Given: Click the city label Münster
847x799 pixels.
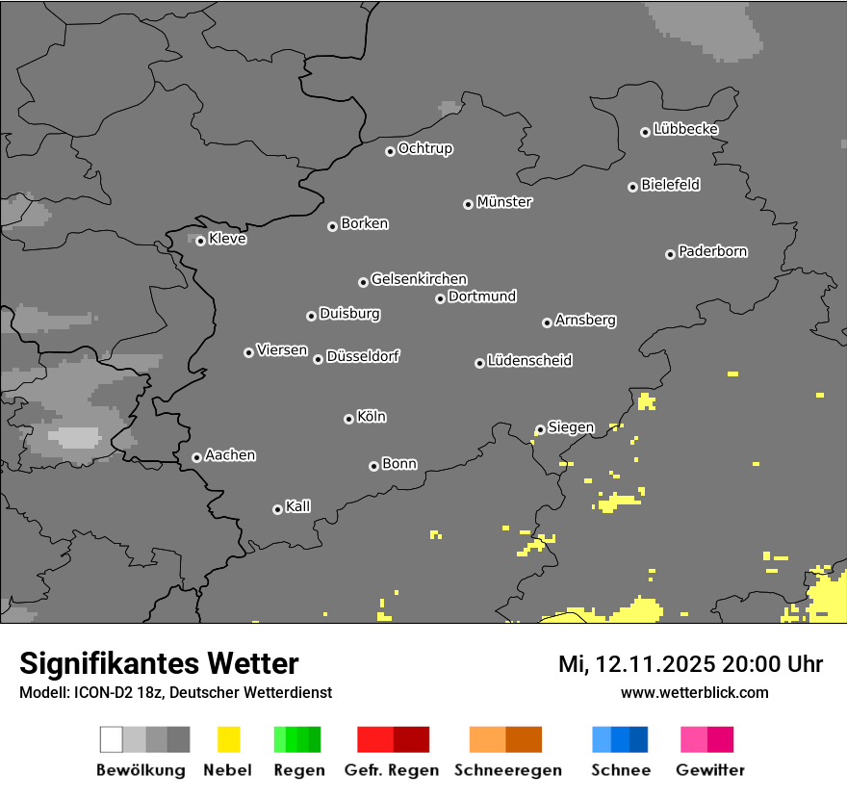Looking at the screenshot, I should [x=504, y=202].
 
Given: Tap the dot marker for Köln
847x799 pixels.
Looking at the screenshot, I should [x=348, y=419].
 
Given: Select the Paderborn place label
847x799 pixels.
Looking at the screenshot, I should [x=713, y=251].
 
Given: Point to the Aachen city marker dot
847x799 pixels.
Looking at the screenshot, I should [x=196, y=457].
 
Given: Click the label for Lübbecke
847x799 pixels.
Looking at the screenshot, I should [x=686, y=129].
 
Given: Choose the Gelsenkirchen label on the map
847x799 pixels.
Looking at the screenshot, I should [x=419, y=279].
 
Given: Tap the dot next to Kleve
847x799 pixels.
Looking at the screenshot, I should [x=200, y=241].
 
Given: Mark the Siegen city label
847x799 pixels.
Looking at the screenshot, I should [x=571, y=427].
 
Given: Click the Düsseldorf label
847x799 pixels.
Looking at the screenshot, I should [x=363, y=356].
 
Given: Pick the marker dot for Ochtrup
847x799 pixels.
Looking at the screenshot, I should [x=390, y=150].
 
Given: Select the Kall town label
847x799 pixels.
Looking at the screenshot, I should [x=298, y=506].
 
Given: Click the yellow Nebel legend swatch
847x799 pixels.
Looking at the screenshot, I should [x=227, y=739].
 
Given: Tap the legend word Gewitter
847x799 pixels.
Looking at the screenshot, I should [x=710, y=770].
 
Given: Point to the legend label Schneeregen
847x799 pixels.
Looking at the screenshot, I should [x=508, y=770].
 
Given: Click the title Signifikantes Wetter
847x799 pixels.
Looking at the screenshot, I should [x=159, y=663].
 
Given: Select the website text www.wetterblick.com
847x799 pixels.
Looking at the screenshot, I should [x=695, y=692].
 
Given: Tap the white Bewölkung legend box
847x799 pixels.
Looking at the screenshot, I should [x=112, y=739].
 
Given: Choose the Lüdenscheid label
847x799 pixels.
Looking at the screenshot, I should [x=529, y=361].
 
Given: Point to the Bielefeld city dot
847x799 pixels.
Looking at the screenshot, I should [x=632, y=187].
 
